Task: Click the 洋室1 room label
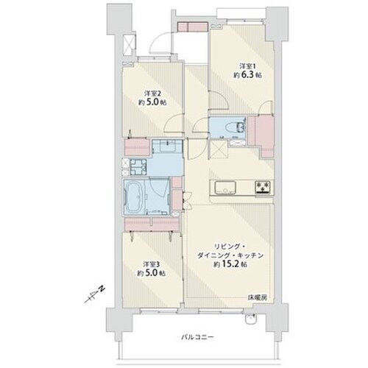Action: (x=248, y=66)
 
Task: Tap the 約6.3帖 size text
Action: (x=247, y=75)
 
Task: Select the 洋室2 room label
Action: (x=152, y=93)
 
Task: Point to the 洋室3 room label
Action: (x=152, y=264)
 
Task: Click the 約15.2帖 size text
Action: (x=230, y=264)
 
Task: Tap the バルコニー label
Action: (x=197, y=337)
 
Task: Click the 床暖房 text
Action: (x=257, y=298)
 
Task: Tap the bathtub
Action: (x=134, y=197)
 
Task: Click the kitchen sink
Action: (x=225, y=188)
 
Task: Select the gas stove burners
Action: (x=263, y=188)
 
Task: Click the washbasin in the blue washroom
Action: (x=168, y=146)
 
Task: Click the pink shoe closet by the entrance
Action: (x=193, y=27)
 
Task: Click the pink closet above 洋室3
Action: (x=152, y=224)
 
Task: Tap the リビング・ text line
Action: (x=230, y=246)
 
